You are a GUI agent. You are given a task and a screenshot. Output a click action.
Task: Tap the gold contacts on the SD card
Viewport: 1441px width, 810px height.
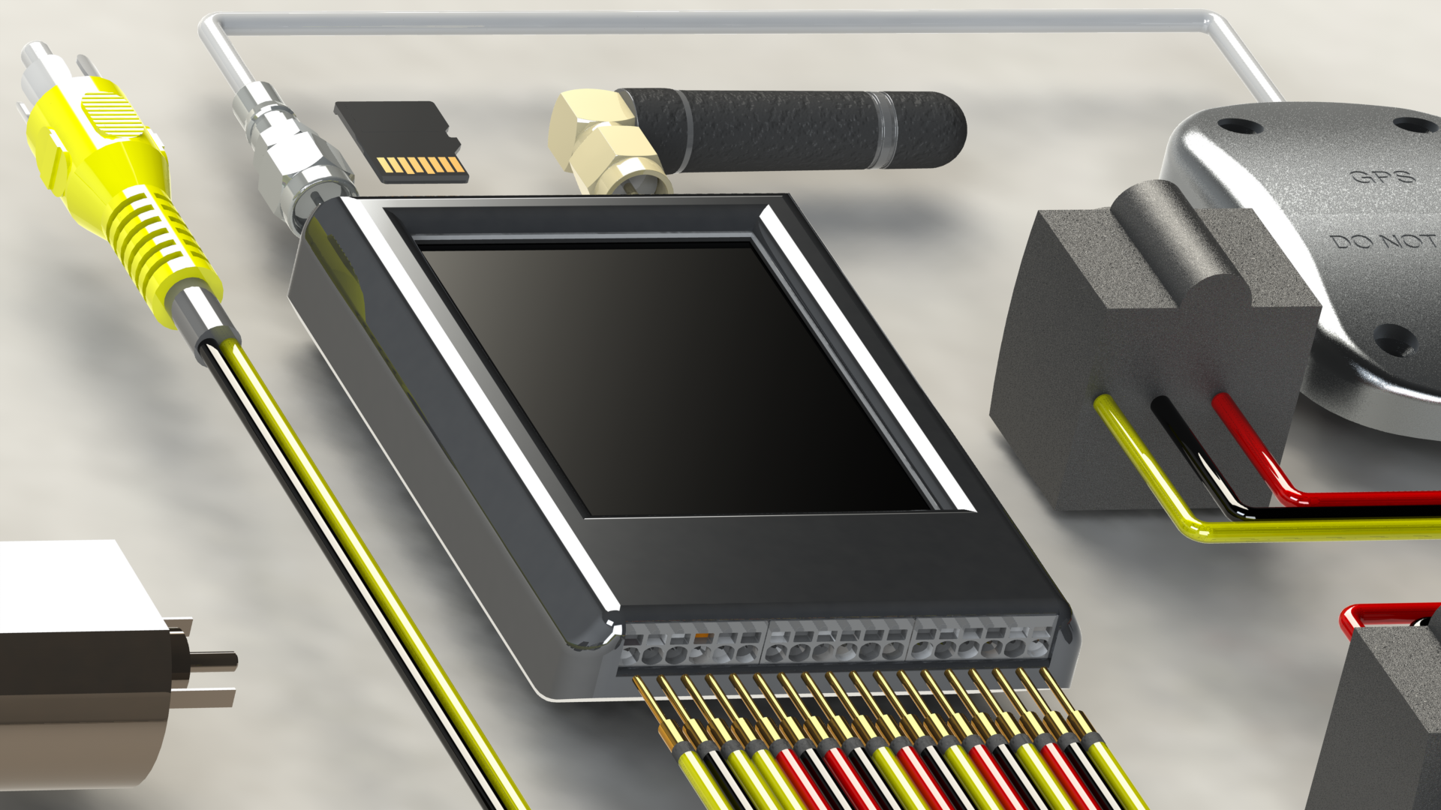coord(420,166)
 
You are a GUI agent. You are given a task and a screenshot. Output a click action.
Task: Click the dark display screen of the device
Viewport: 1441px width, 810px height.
coord(675,379)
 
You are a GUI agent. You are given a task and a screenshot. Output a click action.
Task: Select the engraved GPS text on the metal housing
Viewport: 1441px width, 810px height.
coord(1382,177)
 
